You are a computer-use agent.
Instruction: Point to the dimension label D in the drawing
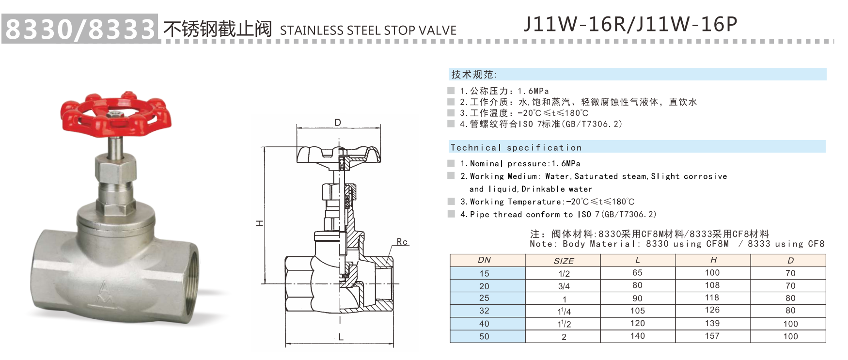click(x=338, y=123)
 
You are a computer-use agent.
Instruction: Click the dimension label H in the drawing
click(x=259, y=223)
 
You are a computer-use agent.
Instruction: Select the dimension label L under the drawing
click(x=341, y=337)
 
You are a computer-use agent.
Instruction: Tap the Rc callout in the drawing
click(x=402, y=241)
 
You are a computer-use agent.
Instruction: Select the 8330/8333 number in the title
click(x=80, y=29)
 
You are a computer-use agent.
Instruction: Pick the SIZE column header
click(x=564, y=261)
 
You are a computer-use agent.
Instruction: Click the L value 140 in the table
click(x=637, y=336)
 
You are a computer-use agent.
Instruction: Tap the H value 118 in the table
click(x=712, y=298)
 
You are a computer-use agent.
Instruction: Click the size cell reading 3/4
click(x=564, y=286)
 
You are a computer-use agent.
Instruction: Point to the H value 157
click(x=712, y=336)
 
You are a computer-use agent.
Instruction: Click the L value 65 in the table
click(x=637, y=273)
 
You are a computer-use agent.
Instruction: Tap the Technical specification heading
click(x=516, y=148)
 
